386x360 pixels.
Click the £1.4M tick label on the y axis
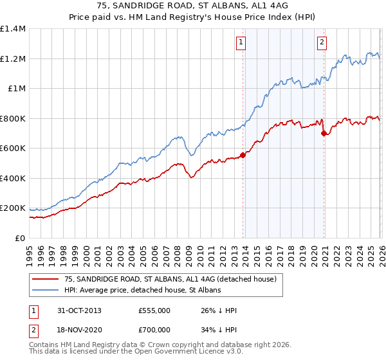(x=13, y=29)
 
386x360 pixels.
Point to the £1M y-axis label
(x=16, y=89)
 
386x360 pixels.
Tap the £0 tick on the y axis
(x=21, y=239)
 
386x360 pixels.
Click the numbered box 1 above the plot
(x=241, y=43)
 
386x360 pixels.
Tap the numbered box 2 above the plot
(x=321, y=43)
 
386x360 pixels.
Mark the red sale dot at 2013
(x=243, y=155)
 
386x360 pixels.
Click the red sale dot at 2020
(x=324, y=133)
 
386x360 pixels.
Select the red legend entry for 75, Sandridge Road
(x=170, y=279)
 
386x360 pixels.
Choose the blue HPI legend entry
(x=142, y=291)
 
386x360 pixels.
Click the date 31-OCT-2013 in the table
(x=74, y=310)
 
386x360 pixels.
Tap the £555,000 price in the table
(x=154, y=310)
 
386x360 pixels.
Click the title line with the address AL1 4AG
(x=193, y=6)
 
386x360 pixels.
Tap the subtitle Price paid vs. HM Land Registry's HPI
(x=193, y=17)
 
